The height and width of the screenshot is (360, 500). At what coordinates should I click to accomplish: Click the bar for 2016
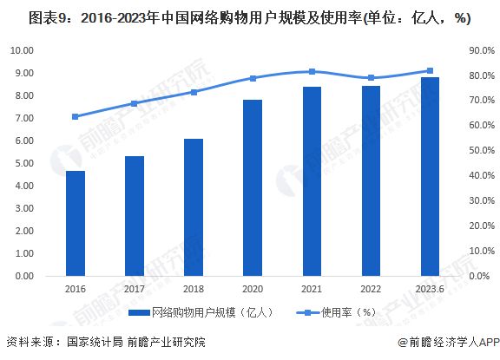(x=76, y=223)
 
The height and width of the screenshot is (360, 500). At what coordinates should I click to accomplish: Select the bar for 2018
(x=194, y=207)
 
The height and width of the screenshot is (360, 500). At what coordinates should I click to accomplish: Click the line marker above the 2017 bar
(x=135, y=103)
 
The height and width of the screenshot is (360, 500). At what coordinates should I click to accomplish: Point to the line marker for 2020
(x=253, y=78)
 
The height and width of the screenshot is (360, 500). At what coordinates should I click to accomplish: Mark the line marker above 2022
(x=371, y=78)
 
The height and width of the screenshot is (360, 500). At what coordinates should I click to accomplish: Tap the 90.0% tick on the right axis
(x=480, y=50)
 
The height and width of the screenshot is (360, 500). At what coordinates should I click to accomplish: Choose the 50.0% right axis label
(x=480, y=151)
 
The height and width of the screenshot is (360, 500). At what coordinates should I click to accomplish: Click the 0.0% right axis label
(x=482, y=276)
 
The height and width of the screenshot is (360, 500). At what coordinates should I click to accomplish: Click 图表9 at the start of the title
(x=26, y=15)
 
